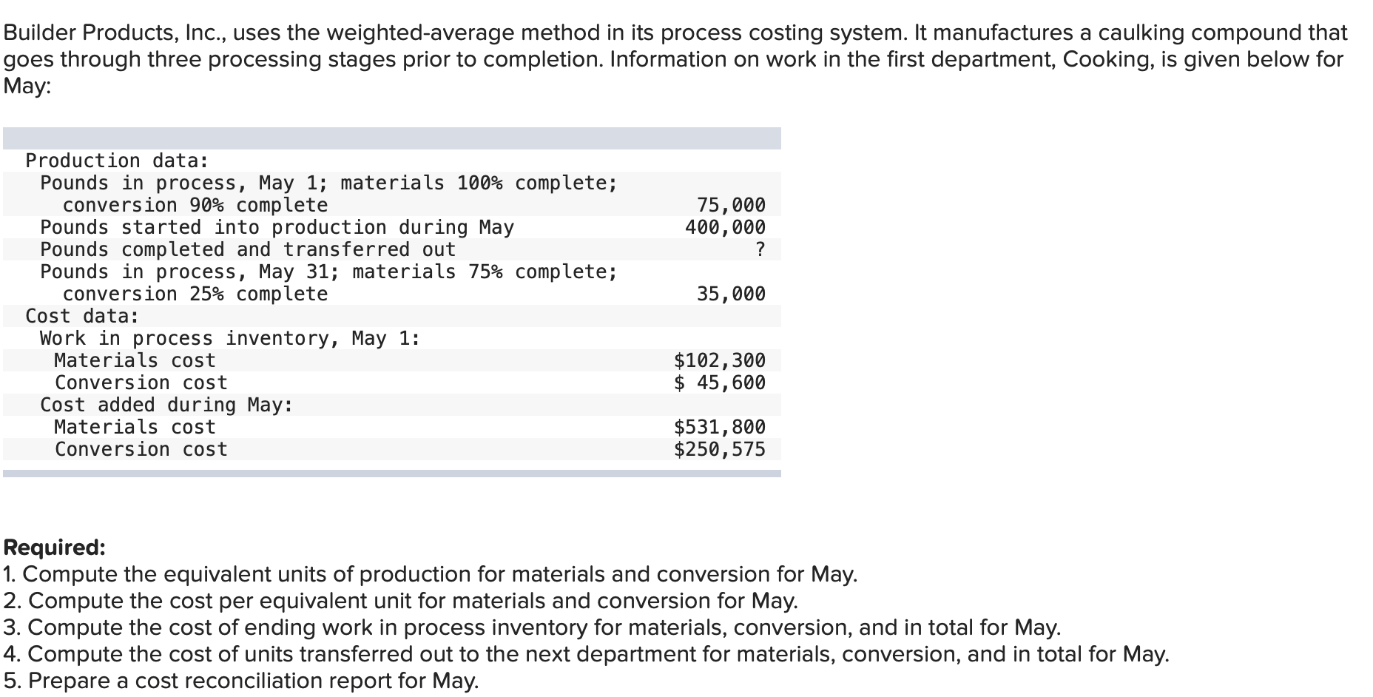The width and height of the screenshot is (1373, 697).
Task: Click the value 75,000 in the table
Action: click(x=731, y=205)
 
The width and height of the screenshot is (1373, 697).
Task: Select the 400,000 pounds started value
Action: click(x=725, y=227)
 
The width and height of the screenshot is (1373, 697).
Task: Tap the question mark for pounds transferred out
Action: click(x=760, y=249)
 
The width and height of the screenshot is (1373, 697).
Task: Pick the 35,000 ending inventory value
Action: click(x=731, y=294)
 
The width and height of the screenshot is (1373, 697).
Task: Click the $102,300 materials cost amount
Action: click(x=719, y=360)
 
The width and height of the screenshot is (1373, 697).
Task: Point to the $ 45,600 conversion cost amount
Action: click(x=719, y=383)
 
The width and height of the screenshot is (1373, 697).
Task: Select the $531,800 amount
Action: click(x=719, y=427)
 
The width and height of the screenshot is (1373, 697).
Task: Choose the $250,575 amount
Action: click(x=719, y=449)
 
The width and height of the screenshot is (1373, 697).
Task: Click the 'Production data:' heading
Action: click(x=117, y=161)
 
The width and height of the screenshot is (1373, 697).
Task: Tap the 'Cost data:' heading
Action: click(x=82, y=316)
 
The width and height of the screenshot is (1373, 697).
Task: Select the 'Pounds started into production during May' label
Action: click(x=277, y=227)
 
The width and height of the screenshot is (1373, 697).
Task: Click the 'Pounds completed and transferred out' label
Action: click(x=248, y=249)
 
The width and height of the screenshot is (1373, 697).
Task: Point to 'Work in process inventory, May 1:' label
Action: click(x=230, y=338)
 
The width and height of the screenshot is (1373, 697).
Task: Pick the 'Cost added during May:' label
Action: click(x=166, y=405)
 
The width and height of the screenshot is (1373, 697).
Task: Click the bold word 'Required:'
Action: click(x=55, y=548)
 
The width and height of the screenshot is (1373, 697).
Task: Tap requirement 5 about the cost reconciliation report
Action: click(x=241, y=681)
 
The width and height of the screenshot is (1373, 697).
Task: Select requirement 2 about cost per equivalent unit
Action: click(x=400, y=601)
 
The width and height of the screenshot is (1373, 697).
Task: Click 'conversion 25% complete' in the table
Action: click(x=195, y=294)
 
